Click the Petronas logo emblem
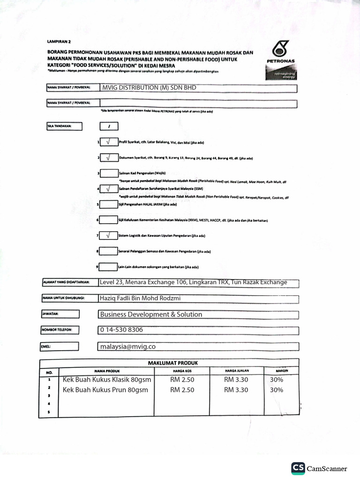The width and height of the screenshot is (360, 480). tap(281, 49)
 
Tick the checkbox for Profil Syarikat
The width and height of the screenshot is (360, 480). tap(108, 142)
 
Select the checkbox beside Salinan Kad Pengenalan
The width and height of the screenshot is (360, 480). tap(108, 173)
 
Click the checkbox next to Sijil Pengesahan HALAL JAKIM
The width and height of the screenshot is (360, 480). tap(108, 204)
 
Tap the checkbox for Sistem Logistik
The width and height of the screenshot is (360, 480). tap(108, 235)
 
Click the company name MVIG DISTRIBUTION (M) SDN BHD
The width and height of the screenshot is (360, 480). tap(149, 88)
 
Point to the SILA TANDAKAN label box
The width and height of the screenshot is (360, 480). tap(64, 126)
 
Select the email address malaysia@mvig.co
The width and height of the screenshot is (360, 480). tap(127, 346)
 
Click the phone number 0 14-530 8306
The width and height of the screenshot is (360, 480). tap(121, 330)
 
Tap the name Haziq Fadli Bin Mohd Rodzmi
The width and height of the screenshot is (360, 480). tap(140, 298)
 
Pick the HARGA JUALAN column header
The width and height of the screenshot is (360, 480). tap(236, 371)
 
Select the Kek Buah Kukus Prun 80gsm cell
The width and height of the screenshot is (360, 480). tap(105, 390)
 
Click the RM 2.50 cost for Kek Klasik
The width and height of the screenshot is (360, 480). tap(182, 379)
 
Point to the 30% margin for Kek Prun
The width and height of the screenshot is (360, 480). tap(277, 390)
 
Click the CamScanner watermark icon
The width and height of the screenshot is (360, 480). tap(298, 468)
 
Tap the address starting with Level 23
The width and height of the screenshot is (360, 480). tap(193, 282)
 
